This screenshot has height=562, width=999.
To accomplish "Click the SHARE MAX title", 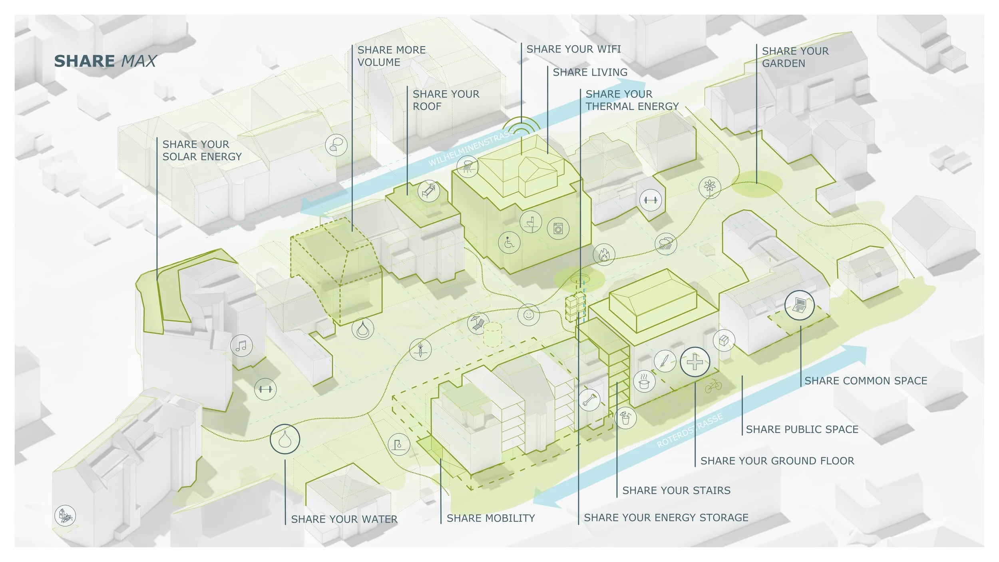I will (105, 61).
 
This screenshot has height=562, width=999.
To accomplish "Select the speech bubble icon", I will (336, 145).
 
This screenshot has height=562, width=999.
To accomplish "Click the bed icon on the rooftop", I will (428, 191).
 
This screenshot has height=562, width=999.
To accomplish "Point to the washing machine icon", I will (558, 229).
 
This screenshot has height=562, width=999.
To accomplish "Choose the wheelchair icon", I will (509, 242).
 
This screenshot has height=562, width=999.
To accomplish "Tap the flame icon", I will (604, 255).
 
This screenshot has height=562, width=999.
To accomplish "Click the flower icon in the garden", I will (710, 187).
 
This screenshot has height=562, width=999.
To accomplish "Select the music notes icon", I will (241, 345).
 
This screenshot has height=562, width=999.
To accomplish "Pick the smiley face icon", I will (528, 315).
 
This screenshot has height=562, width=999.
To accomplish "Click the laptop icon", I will (799, 305).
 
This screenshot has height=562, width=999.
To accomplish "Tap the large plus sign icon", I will (695, 362).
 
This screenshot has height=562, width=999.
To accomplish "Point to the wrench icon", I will (589, 400).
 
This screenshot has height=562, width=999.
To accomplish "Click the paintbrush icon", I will (665, 361).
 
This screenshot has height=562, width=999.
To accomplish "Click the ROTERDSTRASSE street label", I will (690, 430).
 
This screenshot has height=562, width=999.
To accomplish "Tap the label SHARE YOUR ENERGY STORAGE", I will (666, 518).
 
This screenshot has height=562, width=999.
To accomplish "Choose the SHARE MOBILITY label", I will (491, 518).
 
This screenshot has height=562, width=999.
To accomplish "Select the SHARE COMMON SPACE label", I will (866, 381).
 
